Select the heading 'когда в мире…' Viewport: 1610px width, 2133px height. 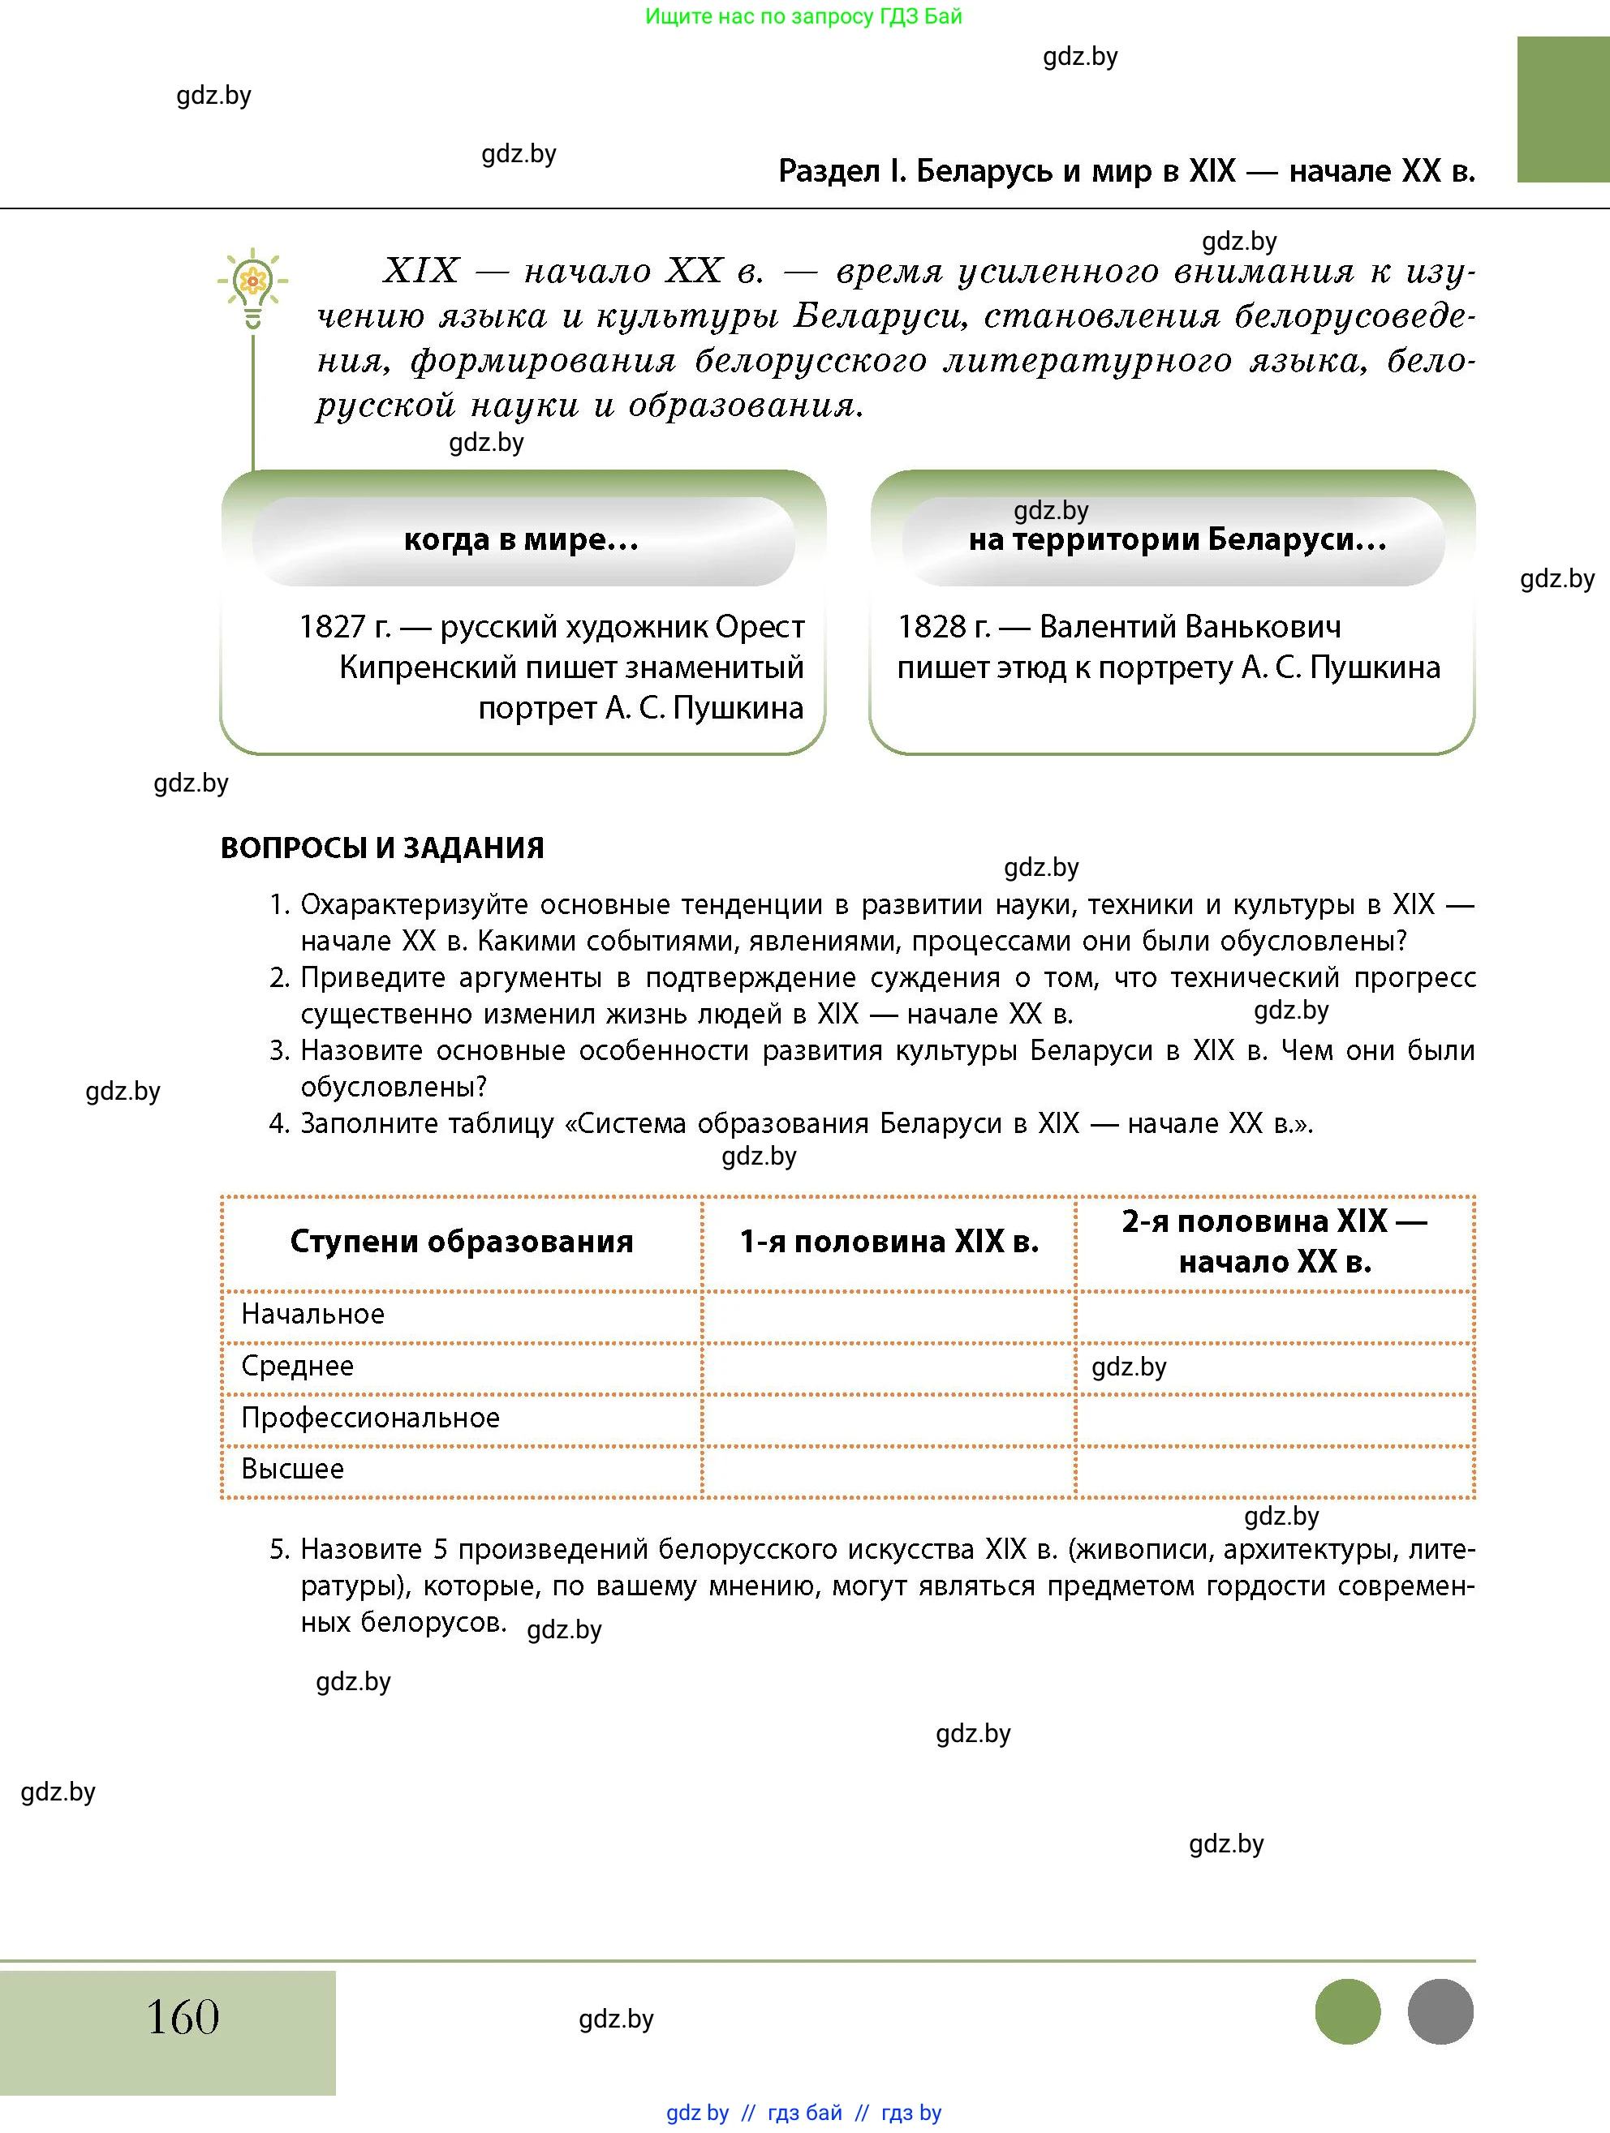522,540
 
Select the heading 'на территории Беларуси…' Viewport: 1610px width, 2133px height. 1177,540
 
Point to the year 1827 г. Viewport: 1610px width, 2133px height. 344,627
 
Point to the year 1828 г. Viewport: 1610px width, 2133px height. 942,627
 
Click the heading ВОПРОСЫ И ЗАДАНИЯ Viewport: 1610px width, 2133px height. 382,848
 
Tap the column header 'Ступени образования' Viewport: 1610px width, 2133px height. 461,1242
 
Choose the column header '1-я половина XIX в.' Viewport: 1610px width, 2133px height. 889,1242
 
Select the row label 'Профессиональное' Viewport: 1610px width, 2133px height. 370,1418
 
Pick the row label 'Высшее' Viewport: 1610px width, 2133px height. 292,1469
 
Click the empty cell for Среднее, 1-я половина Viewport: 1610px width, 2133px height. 889,1367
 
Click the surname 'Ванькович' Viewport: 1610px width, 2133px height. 1190,627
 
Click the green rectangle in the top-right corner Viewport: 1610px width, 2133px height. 1562,109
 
